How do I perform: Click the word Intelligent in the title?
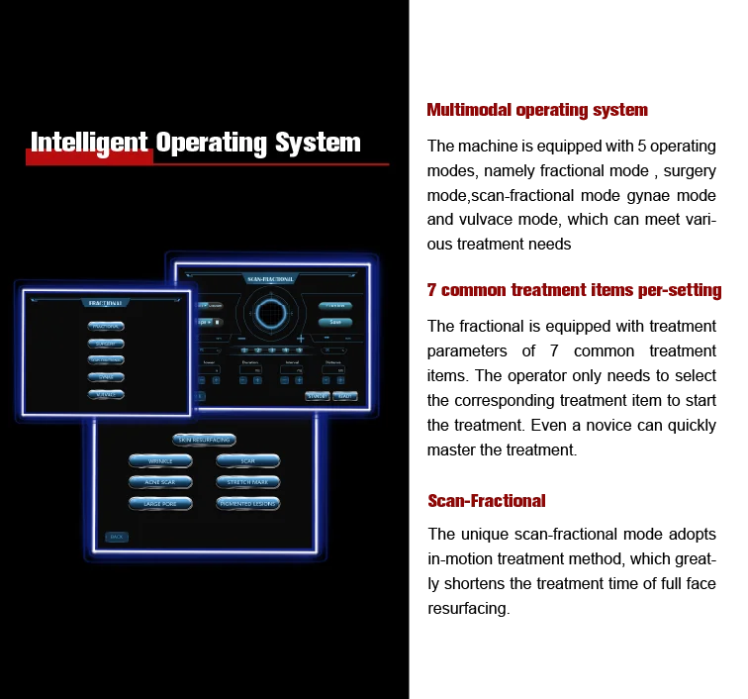(x=89, y=143)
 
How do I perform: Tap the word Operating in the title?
(x=211, y=143)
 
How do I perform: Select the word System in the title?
(x=318, y=143)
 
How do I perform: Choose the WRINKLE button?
(x=160, y=461)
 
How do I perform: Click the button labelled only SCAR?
(x=247, y=461)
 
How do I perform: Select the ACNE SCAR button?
(x=160, y=482)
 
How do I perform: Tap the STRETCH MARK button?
(x=247, y=482)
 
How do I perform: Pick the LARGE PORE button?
(x=160, y=504)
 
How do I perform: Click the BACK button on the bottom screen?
(x=117, y=537)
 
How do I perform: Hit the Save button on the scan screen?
(x=335, y=322)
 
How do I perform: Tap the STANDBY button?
(x=318, y=396)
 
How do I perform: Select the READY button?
(x=344, y=396)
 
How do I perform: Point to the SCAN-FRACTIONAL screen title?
(x=270, y=280)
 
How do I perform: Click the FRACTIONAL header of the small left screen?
(x=106, y=304)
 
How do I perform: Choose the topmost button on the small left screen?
(x=106, y=326)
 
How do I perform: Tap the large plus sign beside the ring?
(x=301, y=339)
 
